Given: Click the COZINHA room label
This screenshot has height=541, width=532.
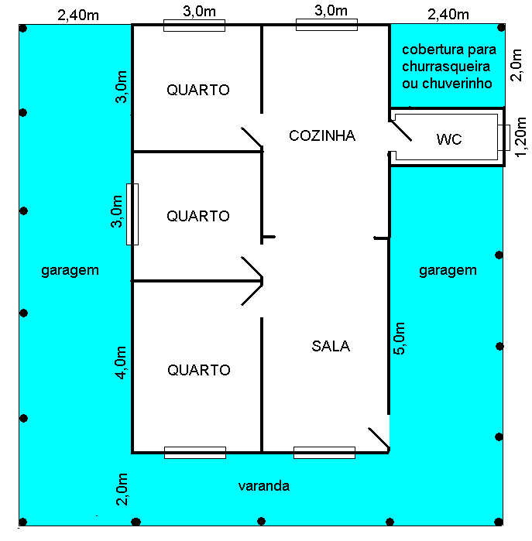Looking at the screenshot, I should click(x=321, y=136).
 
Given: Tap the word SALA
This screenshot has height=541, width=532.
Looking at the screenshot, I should click(x=331, y=346).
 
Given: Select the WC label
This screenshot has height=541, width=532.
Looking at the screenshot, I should click(x=449, y=140).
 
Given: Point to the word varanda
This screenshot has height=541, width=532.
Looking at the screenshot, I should click(x=263, y=486).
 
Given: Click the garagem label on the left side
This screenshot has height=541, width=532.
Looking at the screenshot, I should click(x=70, y=271).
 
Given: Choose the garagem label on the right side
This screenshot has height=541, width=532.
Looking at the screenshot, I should click(x=448, y=270).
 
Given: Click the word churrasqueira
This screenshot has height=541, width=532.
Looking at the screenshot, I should click(x=445, y=67).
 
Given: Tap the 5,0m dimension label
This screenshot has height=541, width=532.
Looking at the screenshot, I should click(x=400, y=338).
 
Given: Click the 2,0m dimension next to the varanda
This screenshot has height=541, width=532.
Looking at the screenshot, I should click(x=121, y=489).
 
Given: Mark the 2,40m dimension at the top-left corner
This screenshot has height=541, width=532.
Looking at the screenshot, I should click(x=78, y=14).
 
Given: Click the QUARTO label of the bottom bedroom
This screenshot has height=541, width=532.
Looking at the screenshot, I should click(x=198, y=371).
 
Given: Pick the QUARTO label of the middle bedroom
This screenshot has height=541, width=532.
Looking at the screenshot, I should click(x=198, y=216).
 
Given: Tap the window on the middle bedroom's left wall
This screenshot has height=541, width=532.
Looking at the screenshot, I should click(x=132, y=214).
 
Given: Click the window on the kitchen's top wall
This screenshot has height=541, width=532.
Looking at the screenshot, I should click(x=326, y=26).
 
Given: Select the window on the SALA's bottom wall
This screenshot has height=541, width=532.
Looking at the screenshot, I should click(x=324, y=453).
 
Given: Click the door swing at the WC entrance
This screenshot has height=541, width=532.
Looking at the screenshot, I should click(x=400, y=132).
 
